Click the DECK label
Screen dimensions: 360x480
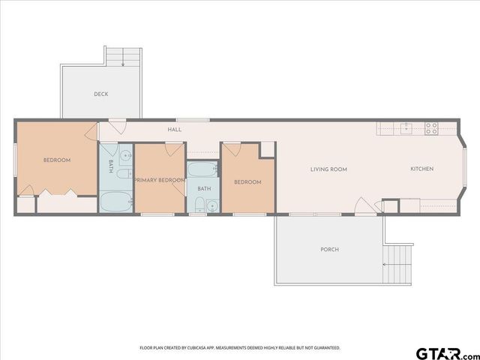[101, 94]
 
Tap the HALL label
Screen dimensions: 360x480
[175, 130]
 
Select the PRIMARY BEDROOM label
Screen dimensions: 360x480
[160, 181]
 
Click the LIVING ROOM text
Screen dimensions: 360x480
[328, 169]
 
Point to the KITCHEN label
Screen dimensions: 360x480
[421, 169]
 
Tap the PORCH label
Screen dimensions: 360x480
[329, 249]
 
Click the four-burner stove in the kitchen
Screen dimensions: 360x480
[431, 128]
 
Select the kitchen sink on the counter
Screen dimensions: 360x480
[405, 128]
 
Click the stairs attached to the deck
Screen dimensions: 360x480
[123, 58]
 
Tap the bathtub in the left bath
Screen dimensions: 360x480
[115, 202]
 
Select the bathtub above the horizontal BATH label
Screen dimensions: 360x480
[202, 169]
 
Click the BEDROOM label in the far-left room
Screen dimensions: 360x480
[57, 160]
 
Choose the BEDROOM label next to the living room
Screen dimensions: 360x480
[247, 182]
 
